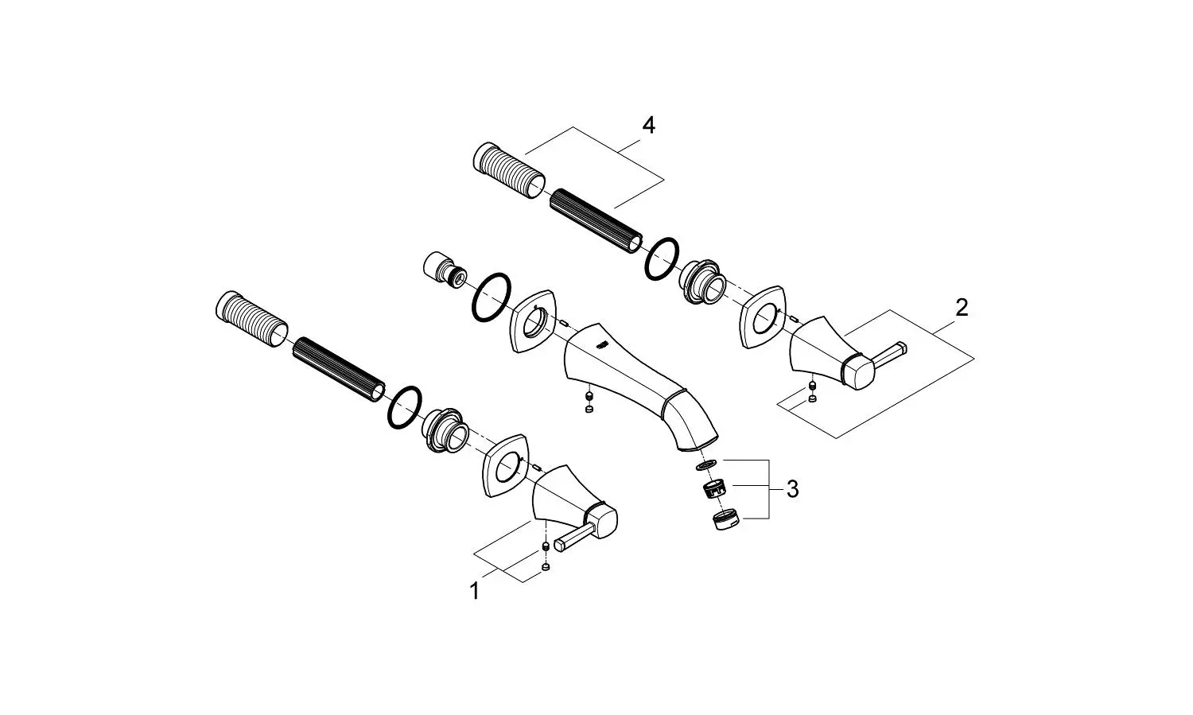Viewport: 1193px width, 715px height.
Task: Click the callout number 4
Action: point(648,126)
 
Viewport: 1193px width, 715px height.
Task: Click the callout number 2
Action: point(962,308)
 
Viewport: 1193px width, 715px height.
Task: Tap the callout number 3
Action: point(792,489)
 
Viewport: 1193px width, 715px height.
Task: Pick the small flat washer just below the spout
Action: point(705,465)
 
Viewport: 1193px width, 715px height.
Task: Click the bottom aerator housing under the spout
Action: point(725,519)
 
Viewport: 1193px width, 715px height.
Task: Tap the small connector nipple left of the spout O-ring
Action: point(445,268)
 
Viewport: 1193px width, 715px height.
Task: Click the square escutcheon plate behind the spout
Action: point(533,321)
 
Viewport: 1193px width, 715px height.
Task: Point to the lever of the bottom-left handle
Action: point(574,537)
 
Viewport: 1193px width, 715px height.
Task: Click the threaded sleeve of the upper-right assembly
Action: point(509,171)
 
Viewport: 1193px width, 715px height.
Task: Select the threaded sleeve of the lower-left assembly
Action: point(252,319)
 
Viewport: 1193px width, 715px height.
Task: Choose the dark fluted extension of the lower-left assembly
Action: point(339,369)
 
